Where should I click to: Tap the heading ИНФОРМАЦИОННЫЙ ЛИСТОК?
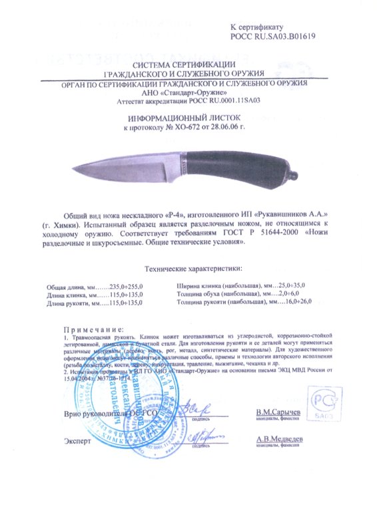pos(187,116)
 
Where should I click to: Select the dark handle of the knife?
pos(226,164)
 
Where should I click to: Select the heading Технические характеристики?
pos(188,269)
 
